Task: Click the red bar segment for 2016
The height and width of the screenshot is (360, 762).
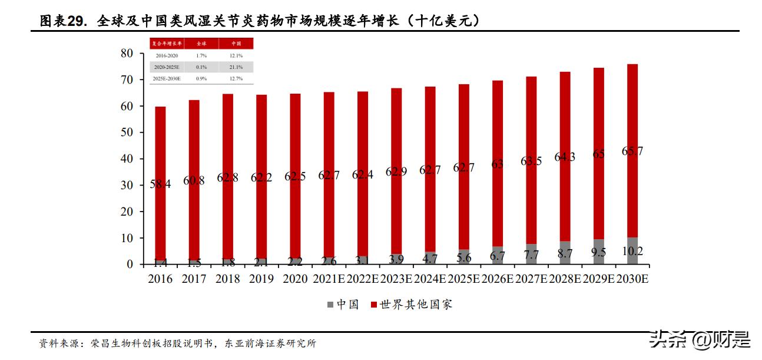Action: (x=160, y=147)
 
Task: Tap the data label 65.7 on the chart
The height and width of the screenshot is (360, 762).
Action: (x=632, y=151)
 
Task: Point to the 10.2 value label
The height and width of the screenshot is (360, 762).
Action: (x=632, y=252)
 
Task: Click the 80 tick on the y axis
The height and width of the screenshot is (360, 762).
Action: (x=127, y=54)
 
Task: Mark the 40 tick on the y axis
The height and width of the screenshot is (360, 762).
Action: (x=127, y=159)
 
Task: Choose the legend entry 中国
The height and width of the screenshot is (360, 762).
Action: (x=343, y=305)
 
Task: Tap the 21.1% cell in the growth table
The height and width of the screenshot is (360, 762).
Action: (x=236, y=67)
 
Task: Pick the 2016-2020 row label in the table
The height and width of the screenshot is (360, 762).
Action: (x=167, y=55)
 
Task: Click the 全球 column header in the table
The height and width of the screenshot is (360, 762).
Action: (x=201, y=44)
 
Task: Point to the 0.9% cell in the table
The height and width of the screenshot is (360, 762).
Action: (x=201, y=78)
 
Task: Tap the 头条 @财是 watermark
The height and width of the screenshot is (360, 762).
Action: (x=699, y=340)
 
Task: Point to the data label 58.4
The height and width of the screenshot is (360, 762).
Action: (x=160, y=184)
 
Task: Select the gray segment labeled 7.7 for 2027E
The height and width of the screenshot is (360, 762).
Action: (x=531, y=255)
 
